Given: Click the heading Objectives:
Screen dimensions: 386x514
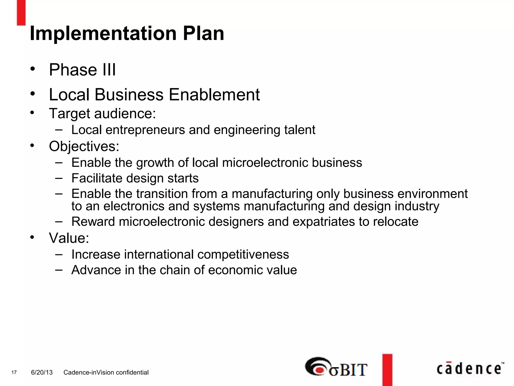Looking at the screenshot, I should point(84,146).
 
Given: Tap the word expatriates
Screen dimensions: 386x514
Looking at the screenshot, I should point(324,222).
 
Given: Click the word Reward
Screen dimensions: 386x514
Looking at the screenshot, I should point(93,222).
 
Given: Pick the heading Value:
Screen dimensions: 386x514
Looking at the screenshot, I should point(69,238).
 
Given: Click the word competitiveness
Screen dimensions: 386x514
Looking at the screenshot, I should point(243,254).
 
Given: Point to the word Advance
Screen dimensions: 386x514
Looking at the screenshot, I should point(96,270).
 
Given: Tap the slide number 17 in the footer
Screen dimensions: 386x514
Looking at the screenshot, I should point(14,372).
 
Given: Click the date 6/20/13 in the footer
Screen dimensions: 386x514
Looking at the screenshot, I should point(42,372).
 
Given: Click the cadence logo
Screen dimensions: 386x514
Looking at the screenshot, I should point(470,369).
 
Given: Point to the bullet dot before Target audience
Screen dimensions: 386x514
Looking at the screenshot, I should point(32,113).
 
